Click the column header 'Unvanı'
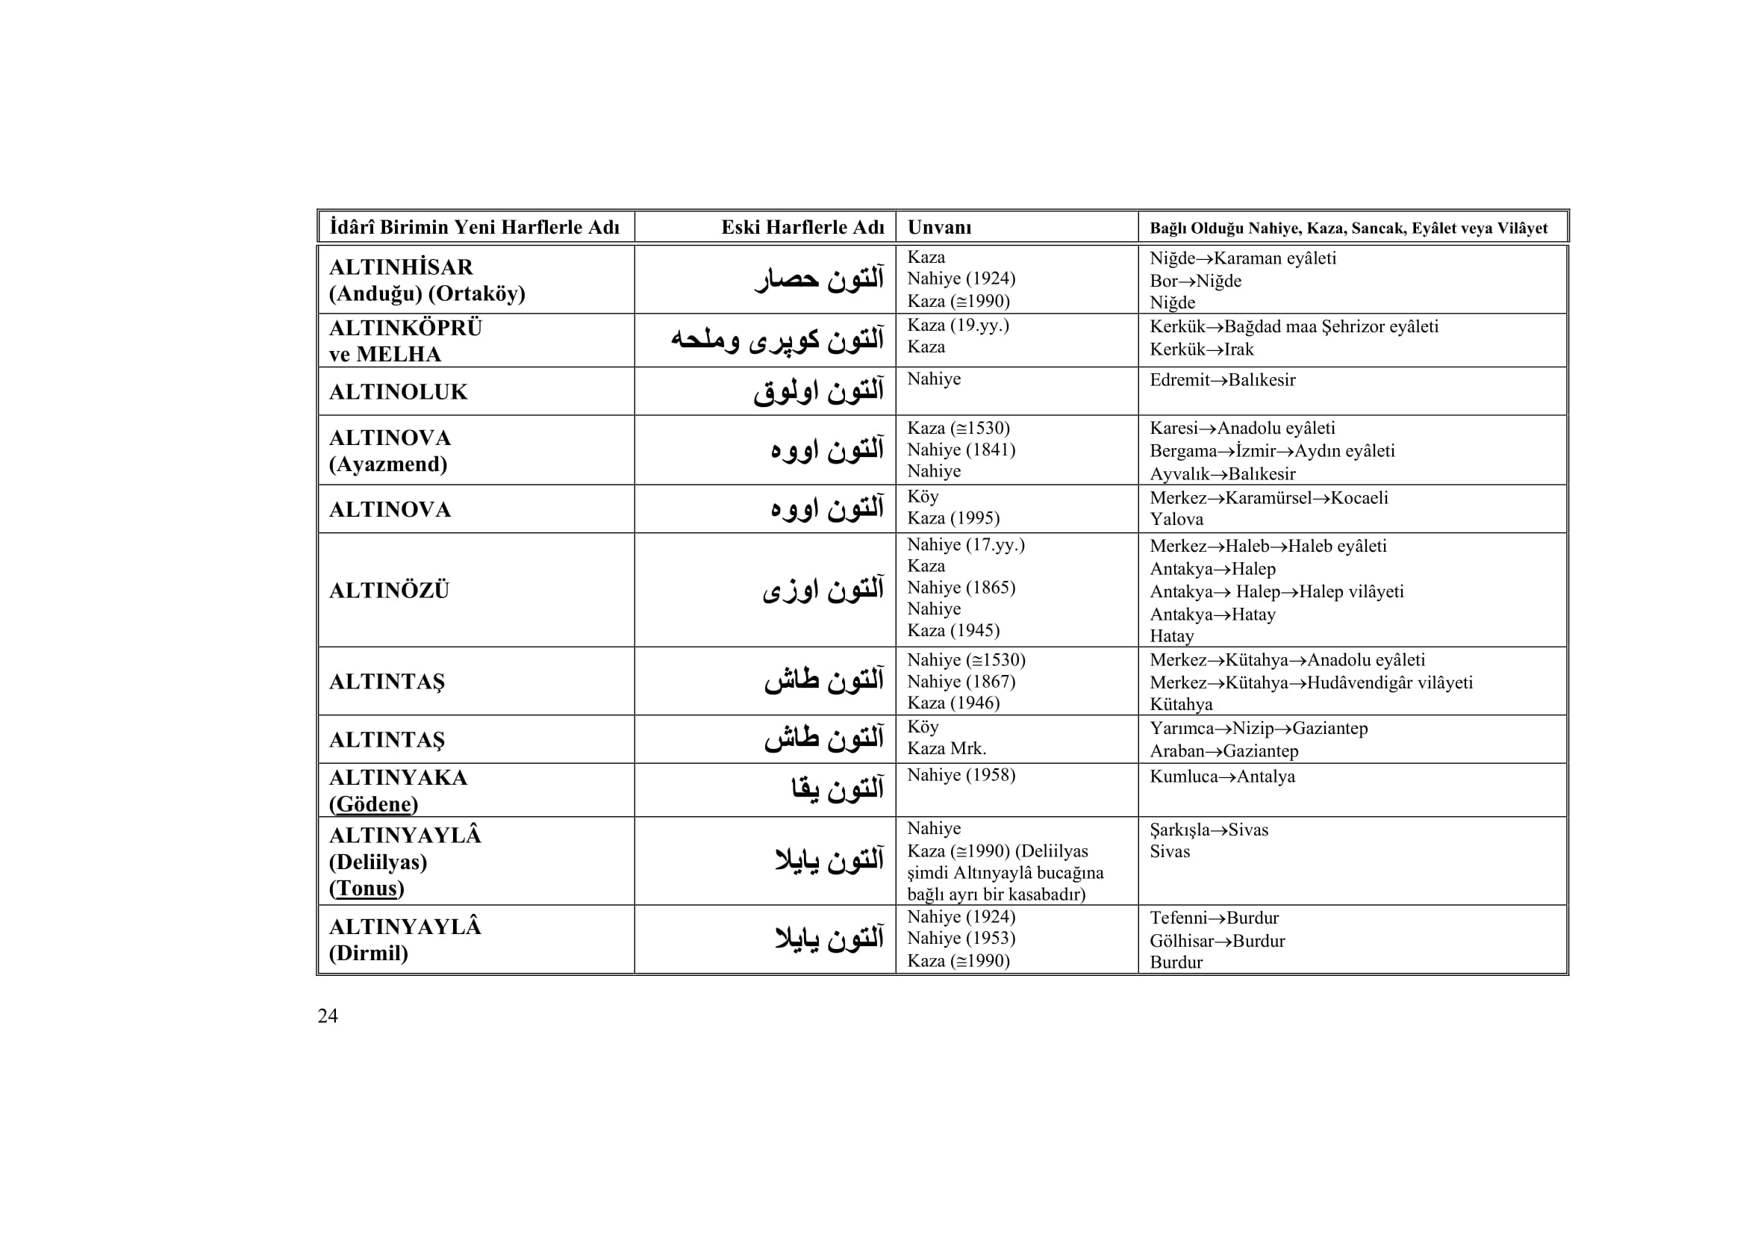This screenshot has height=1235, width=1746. [939, 228]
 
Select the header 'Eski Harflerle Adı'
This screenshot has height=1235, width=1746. [802, 228]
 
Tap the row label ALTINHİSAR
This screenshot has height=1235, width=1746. [401, 267]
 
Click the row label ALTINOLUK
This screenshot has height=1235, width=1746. [398, 392]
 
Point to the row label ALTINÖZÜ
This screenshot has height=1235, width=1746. [389, 590]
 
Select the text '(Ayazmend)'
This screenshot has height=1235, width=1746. [388, 464]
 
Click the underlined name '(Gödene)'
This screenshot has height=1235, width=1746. [373, 804]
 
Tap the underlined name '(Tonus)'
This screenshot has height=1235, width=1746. [367, 889]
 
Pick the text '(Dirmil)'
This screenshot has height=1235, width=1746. [368, 953]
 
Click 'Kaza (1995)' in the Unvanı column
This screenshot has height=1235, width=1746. [952, 518]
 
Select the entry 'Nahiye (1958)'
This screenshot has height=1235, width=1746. [961, 775]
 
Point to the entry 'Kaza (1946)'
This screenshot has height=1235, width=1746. [952, 703]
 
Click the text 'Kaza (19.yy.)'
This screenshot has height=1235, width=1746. [958, 325]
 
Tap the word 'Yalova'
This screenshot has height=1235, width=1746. [1176, 520]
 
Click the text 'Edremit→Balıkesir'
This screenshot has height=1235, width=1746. [1222, 379]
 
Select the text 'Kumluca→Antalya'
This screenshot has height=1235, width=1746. [1222, 777]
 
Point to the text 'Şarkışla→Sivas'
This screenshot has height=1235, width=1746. [1209, 830]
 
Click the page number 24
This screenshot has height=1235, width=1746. [328, 1016]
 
